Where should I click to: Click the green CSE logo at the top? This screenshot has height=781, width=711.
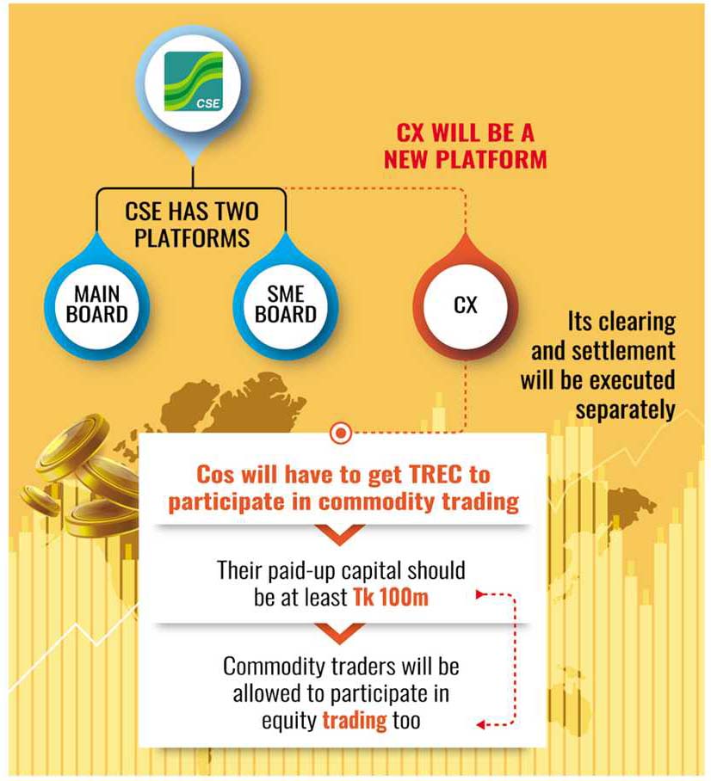coord(194,81)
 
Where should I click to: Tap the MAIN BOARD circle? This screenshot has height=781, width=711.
coord(96,304)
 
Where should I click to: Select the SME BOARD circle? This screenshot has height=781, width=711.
coord(286,304)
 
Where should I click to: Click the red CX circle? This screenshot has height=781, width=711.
coord(465,304)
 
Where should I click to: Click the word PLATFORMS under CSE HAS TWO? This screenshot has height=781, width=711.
coord(192,237)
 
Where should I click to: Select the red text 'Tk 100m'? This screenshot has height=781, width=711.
coord(391,597)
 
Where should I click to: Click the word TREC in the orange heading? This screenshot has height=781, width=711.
coord(436,474)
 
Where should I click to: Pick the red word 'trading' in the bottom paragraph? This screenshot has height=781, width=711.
coord(355,721)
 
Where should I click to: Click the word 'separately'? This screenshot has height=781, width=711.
coord(625,410)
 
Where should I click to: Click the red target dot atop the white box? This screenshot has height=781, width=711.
coord(341,434)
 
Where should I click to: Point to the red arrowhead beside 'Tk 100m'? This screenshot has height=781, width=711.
coord(479,594)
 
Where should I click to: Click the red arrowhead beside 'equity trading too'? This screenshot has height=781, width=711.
coord(479,725)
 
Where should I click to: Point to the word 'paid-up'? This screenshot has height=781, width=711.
coord(300,571)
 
